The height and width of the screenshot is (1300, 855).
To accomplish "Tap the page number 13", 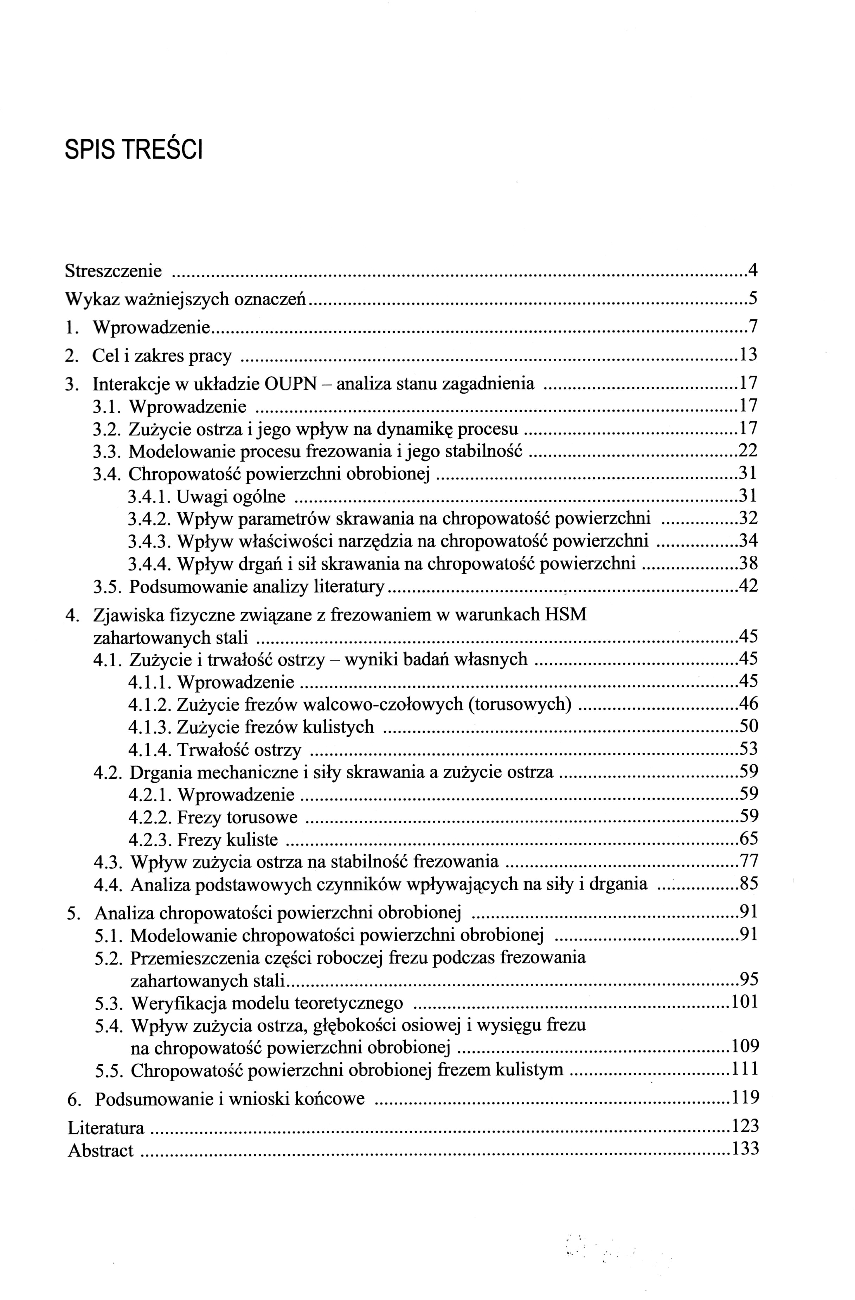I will click(x=748, y=355).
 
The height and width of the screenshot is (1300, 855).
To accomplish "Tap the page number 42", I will click(x=748, y=586).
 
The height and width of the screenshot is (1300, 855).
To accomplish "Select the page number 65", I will click(x=748, y=839).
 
